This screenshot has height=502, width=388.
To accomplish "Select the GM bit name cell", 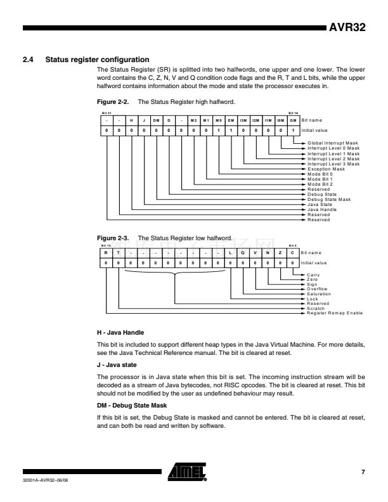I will pos(292,120).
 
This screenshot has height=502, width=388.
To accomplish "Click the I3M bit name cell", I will pos(243,120).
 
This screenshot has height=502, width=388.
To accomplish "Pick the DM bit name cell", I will pos(156,120).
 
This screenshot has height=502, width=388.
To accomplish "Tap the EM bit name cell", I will pos(230,120).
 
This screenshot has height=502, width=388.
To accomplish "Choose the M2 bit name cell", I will pos(193,120).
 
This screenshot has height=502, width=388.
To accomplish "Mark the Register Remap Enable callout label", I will pos(335,313).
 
